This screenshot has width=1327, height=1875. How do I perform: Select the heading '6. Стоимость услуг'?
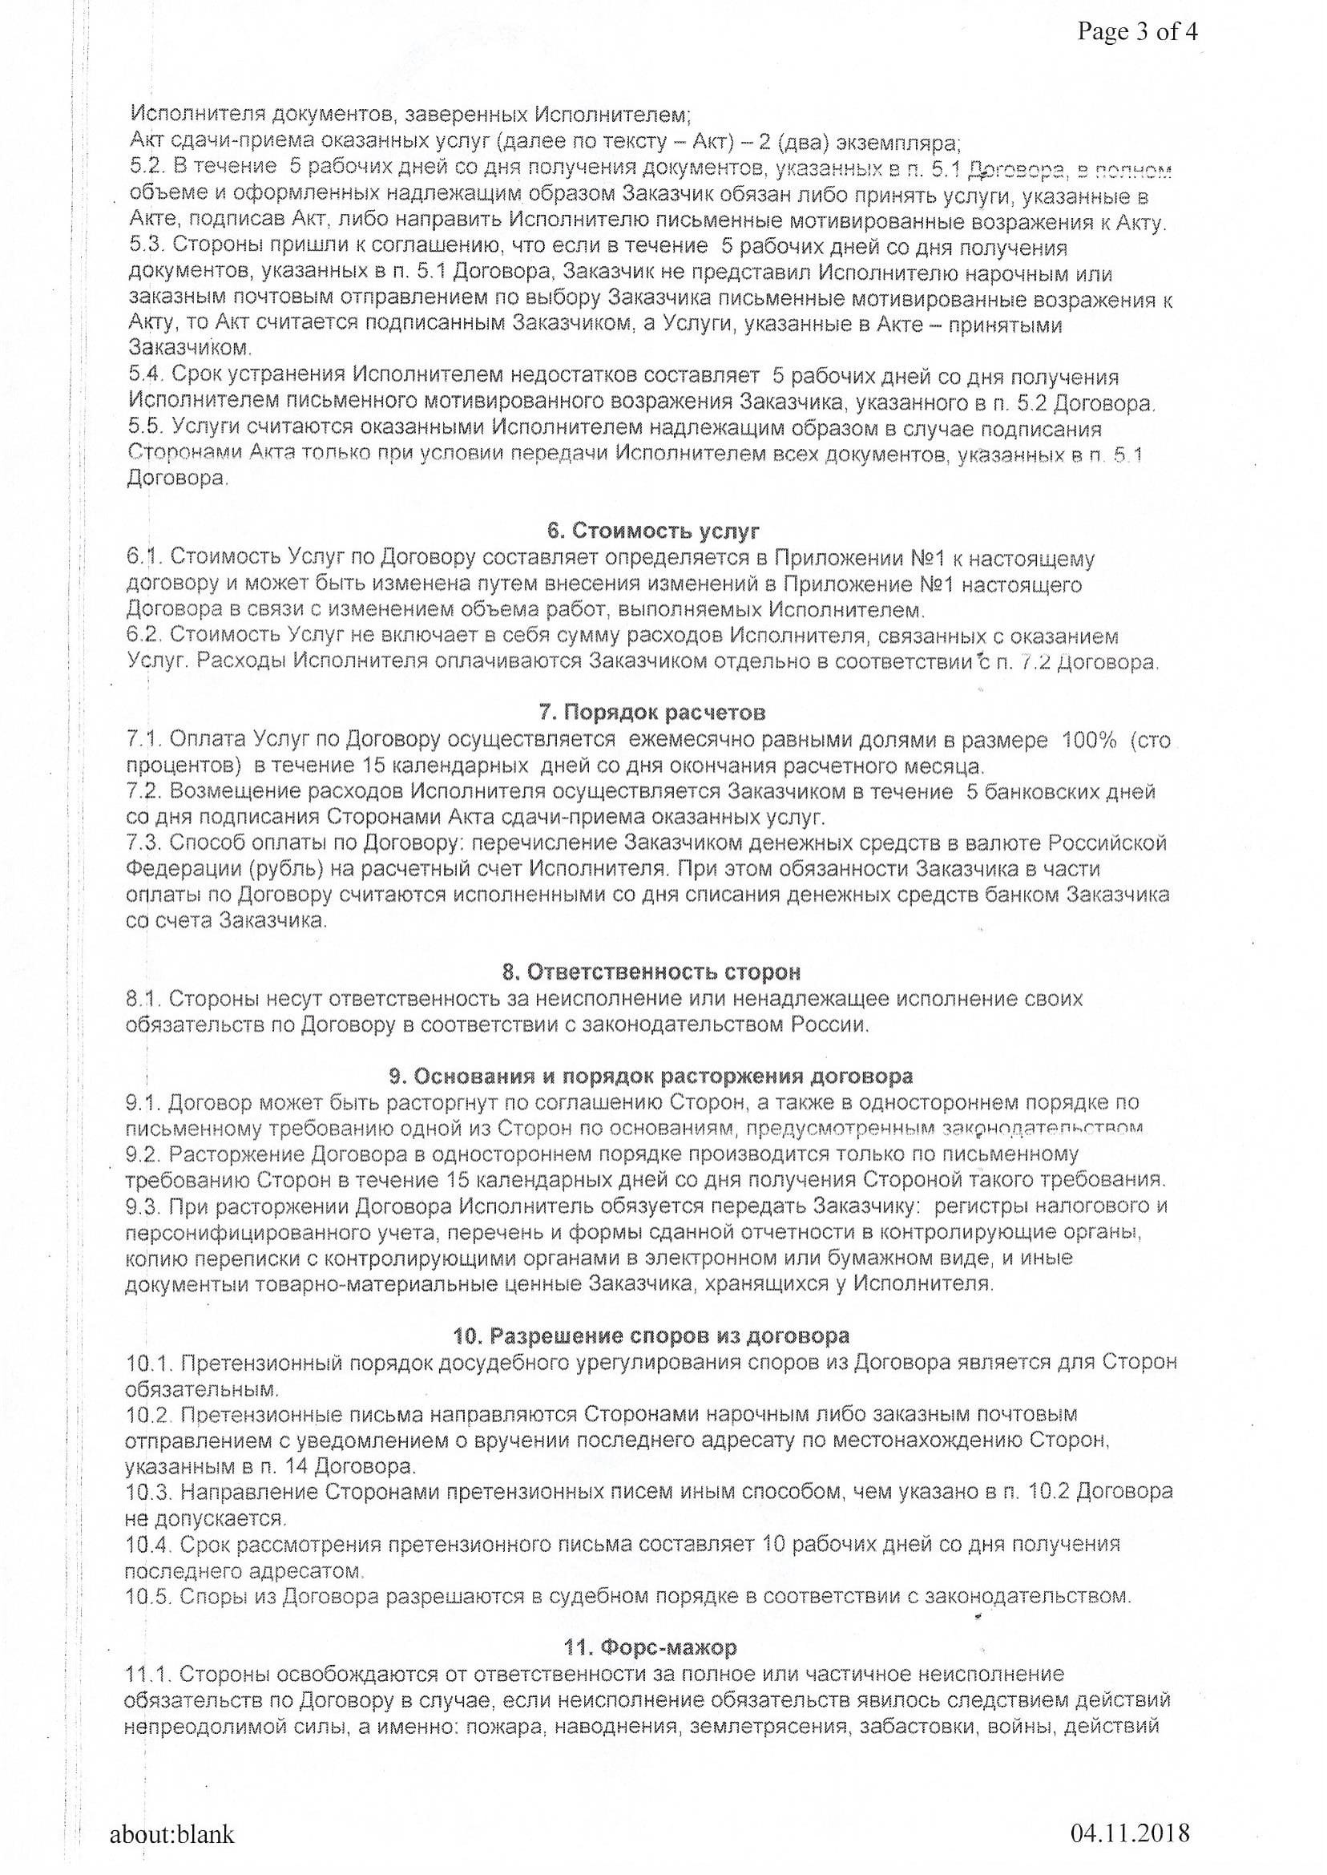654,532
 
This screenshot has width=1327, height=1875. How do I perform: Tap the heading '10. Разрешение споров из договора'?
651,1336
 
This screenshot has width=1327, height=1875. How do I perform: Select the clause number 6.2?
143,636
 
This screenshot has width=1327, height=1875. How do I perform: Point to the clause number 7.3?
143,843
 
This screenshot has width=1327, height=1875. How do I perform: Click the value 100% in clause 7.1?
1088,741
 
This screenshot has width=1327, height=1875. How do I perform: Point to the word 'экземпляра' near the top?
897,143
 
